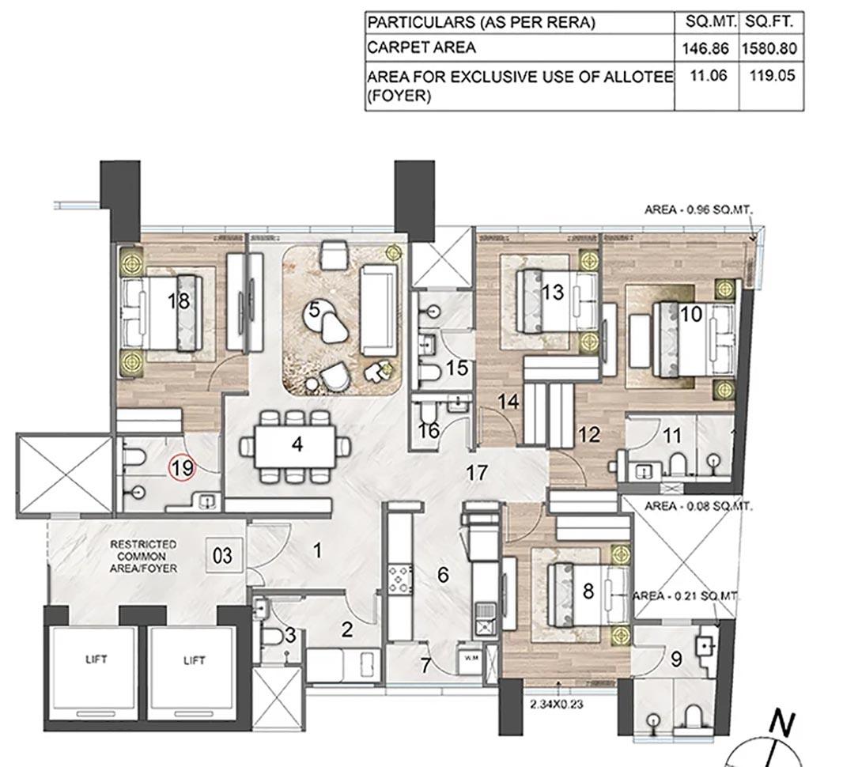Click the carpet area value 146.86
coord(706,48)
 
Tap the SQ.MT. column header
coord(706,22)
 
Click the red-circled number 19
coord(182,468)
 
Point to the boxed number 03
coord(223,556)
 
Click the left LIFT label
coord(96,659)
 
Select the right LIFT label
coord(195,660)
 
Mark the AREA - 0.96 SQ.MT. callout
coord(698,210)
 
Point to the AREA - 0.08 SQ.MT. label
coord(698,506)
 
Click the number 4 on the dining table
coord(297,444)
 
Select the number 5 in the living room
coord(314,309)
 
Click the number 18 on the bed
coord(179,300)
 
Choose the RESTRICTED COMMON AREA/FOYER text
coord(143,556)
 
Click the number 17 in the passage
coord(476,473)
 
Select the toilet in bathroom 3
coord(272,637)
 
